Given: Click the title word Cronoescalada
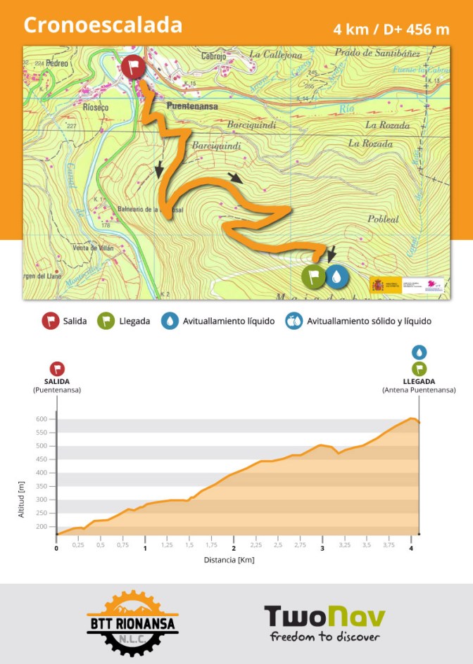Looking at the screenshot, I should click(x=103, y=25).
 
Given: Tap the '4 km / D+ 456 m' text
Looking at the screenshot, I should click(x=391, y=30).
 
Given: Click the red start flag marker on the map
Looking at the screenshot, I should click(x=133, y=68).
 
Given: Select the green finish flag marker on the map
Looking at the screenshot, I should click(x=314, y=276).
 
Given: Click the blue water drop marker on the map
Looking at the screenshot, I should click(x=337, y=276).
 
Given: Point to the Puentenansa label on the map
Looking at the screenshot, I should click(x=192, y=106).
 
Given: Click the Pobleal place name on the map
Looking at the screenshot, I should click(x=383, y=219).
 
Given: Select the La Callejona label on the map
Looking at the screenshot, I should click(x=275, y=55).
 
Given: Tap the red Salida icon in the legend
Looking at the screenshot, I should click(x=50, y=321).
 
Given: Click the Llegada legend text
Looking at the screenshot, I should click(x=134, y=321).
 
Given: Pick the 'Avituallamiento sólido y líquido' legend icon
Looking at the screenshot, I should click(x=294, y=321).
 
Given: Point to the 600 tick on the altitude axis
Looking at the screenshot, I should click(x=41, y=419).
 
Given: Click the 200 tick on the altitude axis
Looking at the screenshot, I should click(x=41, y=527).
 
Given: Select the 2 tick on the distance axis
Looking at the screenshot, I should click(x=234, y=549).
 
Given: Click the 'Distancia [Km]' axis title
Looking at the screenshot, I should click(x=229, y=560).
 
